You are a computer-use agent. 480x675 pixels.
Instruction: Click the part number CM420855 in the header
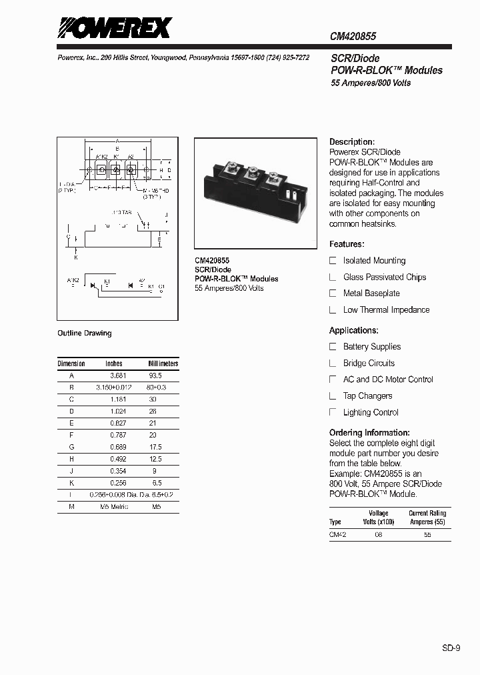coord(353,37)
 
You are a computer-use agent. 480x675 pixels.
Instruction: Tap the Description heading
coord(352,142)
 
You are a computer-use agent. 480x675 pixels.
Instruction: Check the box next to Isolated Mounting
coord(333,261)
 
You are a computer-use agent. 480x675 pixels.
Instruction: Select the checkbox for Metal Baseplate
coord(333,293)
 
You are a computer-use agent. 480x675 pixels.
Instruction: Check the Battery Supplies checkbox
coord(333,347)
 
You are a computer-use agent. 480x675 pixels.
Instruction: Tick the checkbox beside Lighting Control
coord(333,412)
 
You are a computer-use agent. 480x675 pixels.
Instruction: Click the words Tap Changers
coord(367,396)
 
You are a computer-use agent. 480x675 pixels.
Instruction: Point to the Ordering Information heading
coord(369,433)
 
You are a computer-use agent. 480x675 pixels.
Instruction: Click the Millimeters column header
coord(163,364)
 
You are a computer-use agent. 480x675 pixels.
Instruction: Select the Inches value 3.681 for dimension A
coord(117,376)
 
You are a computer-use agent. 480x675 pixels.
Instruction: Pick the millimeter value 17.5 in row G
coord(155,447)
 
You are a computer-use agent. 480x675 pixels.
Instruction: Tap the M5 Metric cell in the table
coord(114,507)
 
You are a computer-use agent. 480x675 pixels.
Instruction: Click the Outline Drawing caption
coord(85,333)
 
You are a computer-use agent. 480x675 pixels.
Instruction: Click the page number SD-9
coord(451,647)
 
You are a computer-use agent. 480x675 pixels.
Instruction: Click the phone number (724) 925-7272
coord(288,58)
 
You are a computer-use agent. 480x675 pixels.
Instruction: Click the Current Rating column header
coord(427,518)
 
